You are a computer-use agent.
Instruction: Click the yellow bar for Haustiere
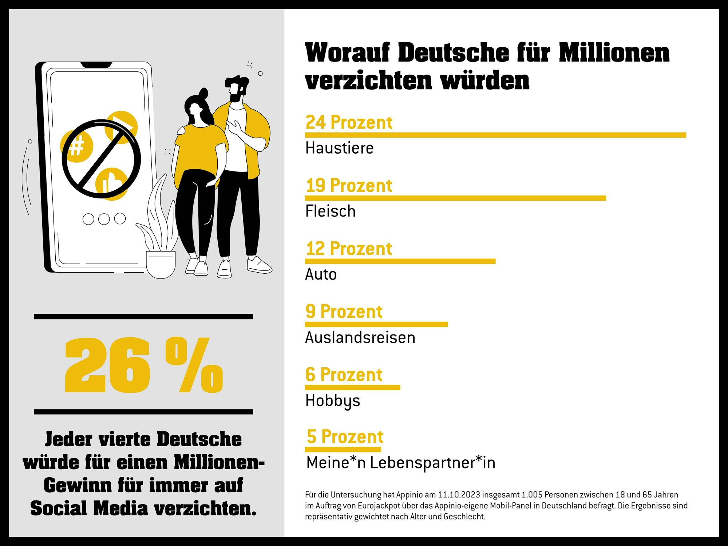pos(495,135)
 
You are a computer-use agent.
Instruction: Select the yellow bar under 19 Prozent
pos(455,198)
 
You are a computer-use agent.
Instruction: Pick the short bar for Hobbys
pos(352,387)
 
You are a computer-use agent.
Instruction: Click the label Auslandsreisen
pos(360,337)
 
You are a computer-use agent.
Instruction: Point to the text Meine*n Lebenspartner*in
pos(400,463)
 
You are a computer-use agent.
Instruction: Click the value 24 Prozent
pos(349,122)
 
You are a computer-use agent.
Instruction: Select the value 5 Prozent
pos(345,436)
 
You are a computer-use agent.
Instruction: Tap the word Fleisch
pos(330,211)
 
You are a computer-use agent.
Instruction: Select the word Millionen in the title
pos(614,53)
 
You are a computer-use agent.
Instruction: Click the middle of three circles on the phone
pos(104,219)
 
